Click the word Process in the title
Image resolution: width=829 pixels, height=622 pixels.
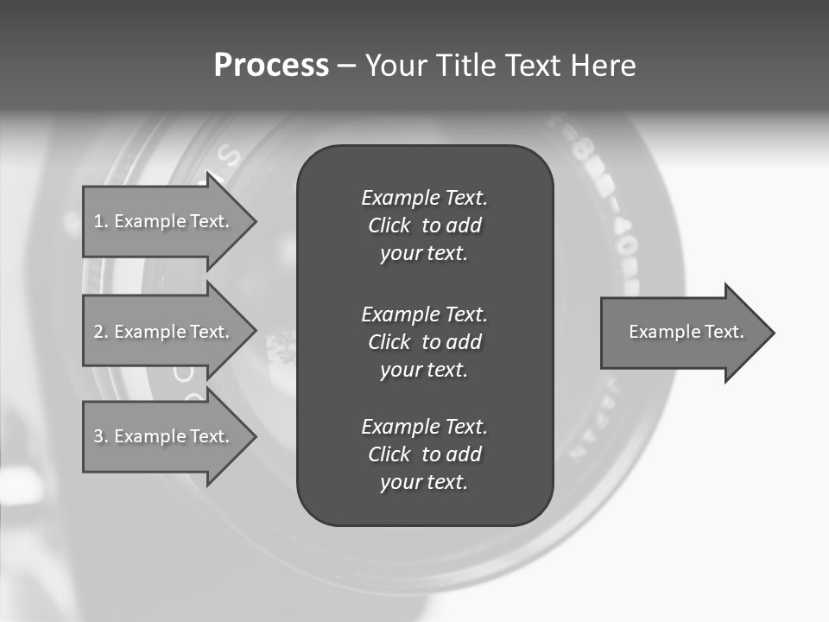[x=271, y=66]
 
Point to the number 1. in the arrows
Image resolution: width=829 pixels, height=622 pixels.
[x=100, y=221]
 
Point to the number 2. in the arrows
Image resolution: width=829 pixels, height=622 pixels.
[x=100, y=332]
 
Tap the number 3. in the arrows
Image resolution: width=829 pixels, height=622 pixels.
[x=100, y=436]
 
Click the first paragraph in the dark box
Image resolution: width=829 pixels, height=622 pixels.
[x=424, y=225]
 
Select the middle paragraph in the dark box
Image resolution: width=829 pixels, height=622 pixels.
[x=424, y=342]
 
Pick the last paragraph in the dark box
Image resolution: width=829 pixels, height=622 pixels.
[x=424, y=454]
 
